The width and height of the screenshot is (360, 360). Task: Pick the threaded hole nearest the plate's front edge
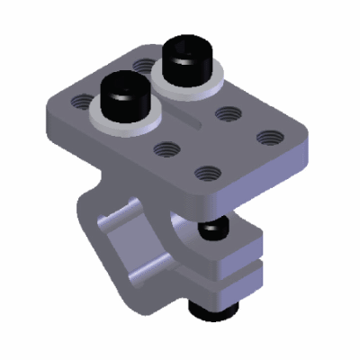click(x=206, y=171)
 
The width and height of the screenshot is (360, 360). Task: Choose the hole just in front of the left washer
click(x=166, y=148)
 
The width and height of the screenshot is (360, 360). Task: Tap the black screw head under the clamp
click(x=212, y=310)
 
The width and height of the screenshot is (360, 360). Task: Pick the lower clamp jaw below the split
click(x=236, y=283)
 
